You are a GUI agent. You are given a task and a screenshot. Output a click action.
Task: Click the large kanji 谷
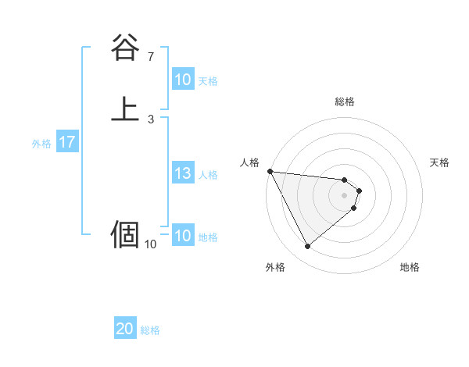coord(125,48)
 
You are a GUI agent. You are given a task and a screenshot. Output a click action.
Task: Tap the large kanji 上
coord(125,109)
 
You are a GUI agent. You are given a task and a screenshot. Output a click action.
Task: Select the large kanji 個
coord(125,233)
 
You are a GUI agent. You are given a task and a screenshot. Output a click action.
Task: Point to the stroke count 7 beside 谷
coord(151,57)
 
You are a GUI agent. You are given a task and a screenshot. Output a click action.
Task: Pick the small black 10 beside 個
coord(151,244)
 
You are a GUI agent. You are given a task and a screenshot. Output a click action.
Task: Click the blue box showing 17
coord(67,143)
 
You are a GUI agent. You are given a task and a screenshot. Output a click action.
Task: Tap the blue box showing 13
coord(182,174)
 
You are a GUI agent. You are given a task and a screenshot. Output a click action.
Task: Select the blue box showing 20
coord(125,330)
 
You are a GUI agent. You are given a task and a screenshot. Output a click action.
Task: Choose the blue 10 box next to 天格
coord(182,80)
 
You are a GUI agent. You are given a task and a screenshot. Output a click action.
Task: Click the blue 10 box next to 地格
coord(182,237)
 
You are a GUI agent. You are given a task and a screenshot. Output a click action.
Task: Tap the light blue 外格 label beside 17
coord(41,144)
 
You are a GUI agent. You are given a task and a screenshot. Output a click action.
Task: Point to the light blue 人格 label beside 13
coord(209,175)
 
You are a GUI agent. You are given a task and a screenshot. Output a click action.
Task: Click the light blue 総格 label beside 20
coord(151,330)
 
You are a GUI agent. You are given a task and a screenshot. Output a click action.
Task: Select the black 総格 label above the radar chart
coord(345,102)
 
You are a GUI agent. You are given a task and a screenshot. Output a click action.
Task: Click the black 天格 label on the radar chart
coord(440,162)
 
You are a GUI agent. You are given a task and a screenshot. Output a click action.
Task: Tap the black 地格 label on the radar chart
coord(410,267)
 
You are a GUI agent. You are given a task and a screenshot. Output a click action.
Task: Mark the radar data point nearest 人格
coord(270,171)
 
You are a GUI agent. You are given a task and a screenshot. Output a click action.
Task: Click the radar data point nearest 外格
coord(307,247)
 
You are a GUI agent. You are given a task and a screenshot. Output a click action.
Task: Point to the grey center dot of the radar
coord(345,194)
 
